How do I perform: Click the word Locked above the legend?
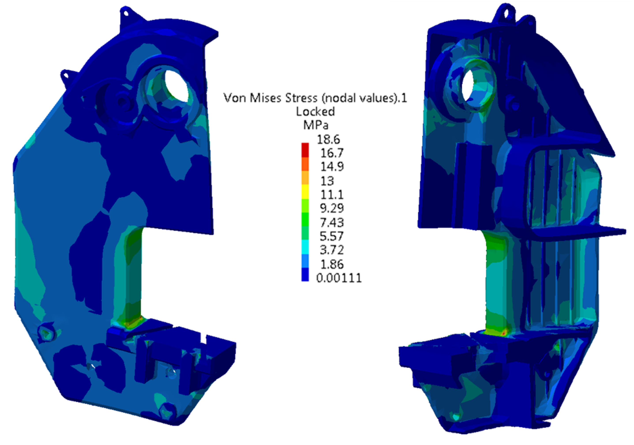tap(315, 112)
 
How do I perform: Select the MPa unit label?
tap(316, 125)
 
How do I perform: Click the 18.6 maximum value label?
tap(328, 140)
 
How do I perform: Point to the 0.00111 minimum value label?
tap(339, 278)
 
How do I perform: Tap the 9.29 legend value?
tap(332, 208)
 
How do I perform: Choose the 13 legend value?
tap(327, 181)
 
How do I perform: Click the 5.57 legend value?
tap(332, 236)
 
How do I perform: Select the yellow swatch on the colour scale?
tap(305, 192)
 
